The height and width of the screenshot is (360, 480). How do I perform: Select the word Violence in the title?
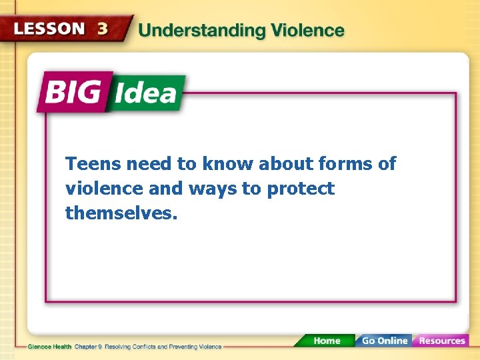tap(305, 31)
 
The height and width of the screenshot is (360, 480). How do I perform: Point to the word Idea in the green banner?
tap(145, 93)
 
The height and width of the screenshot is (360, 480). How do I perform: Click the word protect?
tap(301, 189)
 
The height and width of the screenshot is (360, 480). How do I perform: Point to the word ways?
tap(213, 189)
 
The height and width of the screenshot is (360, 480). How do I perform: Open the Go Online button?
tap(383, 341)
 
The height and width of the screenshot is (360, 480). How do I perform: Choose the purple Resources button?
tap(441, 341)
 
